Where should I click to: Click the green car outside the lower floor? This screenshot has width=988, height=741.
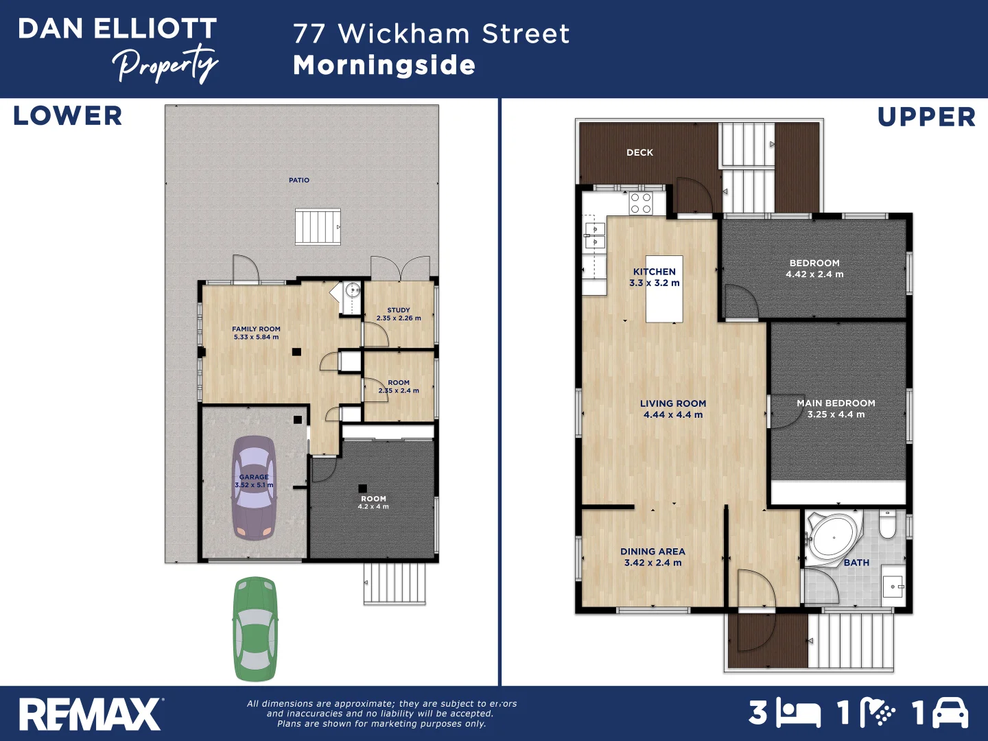tap(255, 628)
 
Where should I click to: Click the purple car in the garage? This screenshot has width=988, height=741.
tap(254, 488)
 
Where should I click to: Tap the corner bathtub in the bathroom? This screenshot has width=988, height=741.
tap(832, 537)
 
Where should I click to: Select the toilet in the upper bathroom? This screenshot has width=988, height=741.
tap(887, 524)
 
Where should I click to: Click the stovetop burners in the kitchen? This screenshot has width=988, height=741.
tap(641, 204)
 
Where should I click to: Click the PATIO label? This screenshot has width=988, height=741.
tap(299, 180)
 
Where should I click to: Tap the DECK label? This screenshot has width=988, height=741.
tap(639, 153)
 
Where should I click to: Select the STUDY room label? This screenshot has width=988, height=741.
tap(399, 310)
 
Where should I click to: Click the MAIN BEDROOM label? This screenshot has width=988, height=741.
tap(836, 403)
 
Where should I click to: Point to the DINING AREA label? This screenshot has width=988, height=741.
tap(652, 552)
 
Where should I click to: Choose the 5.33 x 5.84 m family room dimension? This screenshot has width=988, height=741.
tap(256, 337)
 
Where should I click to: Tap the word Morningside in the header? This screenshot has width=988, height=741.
tap(384, 65)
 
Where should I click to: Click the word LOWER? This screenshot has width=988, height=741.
tap(68, 116)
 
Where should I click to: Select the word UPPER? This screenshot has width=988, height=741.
tap(926, 117)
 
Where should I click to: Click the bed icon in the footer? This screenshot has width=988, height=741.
tap(799, 714)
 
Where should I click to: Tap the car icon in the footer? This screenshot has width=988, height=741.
tap(950, 713)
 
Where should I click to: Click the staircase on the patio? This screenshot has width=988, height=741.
tap(318, 227)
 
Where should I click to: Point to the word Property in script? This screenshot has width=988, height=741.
tap(165, 65)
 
